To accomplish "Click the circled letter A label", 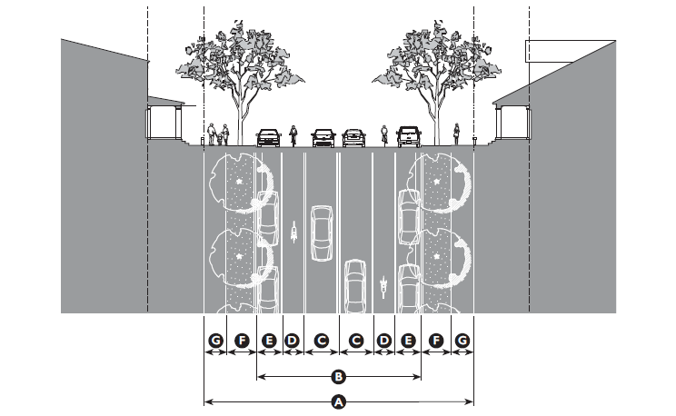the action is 339,401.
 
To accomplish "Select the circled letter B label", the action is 339,374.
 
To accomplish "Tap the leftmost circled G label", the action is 215,341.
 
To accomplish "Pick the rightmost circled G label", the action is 462,341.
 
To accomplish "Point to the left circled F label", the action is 242,341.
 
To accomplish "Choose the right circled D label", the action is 384,341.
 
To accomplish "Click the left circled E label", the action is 270,341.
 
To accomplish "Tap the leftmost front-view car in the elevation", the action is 268,137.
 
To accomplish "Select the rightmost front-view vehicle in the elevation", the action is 408,136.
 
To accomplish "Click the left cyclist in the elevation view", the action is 293,135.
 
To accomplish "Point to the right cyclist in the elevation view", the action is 384,135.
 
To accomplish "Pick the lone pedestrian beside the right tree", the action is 456,134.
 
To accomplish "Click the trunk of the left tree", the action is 241,114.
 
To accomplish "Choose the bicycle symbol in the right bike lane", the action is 384,288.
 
